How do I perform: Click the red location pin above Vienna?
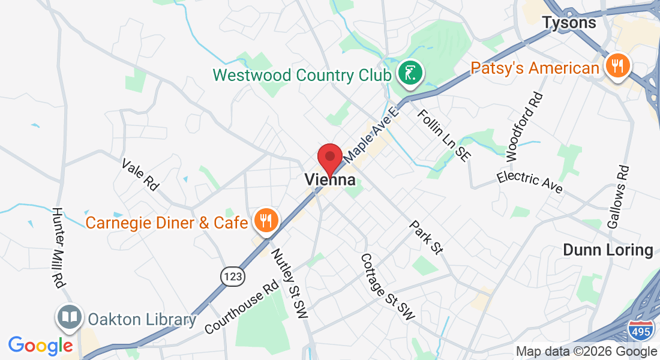pyautogui.click(x=329, y=158)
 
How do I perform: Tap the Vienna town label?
pyautogui.click(x=329, y=179)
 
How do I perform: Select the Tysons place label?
pyautogui.click(x=569, y=23)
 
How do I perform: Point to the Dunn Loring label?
pyautogui.click(x=608, y=250)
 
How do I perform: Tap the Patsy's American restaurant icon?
pyautogui.click(x=616, y=65)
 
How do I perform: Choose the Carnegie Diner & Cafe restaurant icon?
pyautogui.click(x=265, y=220)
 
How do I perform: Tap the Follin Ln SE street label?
pyautogui.click(x=443, y=135)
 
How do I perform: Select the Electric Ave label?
pyautogui.click(x=529, y=182)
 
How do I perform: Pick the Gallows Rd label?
pyautogui.click(x=618, y=197)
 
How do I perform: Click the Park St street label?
pyautogui.click(x=425, y=236)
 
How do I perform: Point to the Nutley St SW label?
pyautogui.click(x=289, y=280)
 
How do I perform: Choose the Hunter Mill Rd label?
pyautogui.click(x=58, y=247)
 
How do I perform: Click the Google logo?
pyautogui.click(x=40, y=346)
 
